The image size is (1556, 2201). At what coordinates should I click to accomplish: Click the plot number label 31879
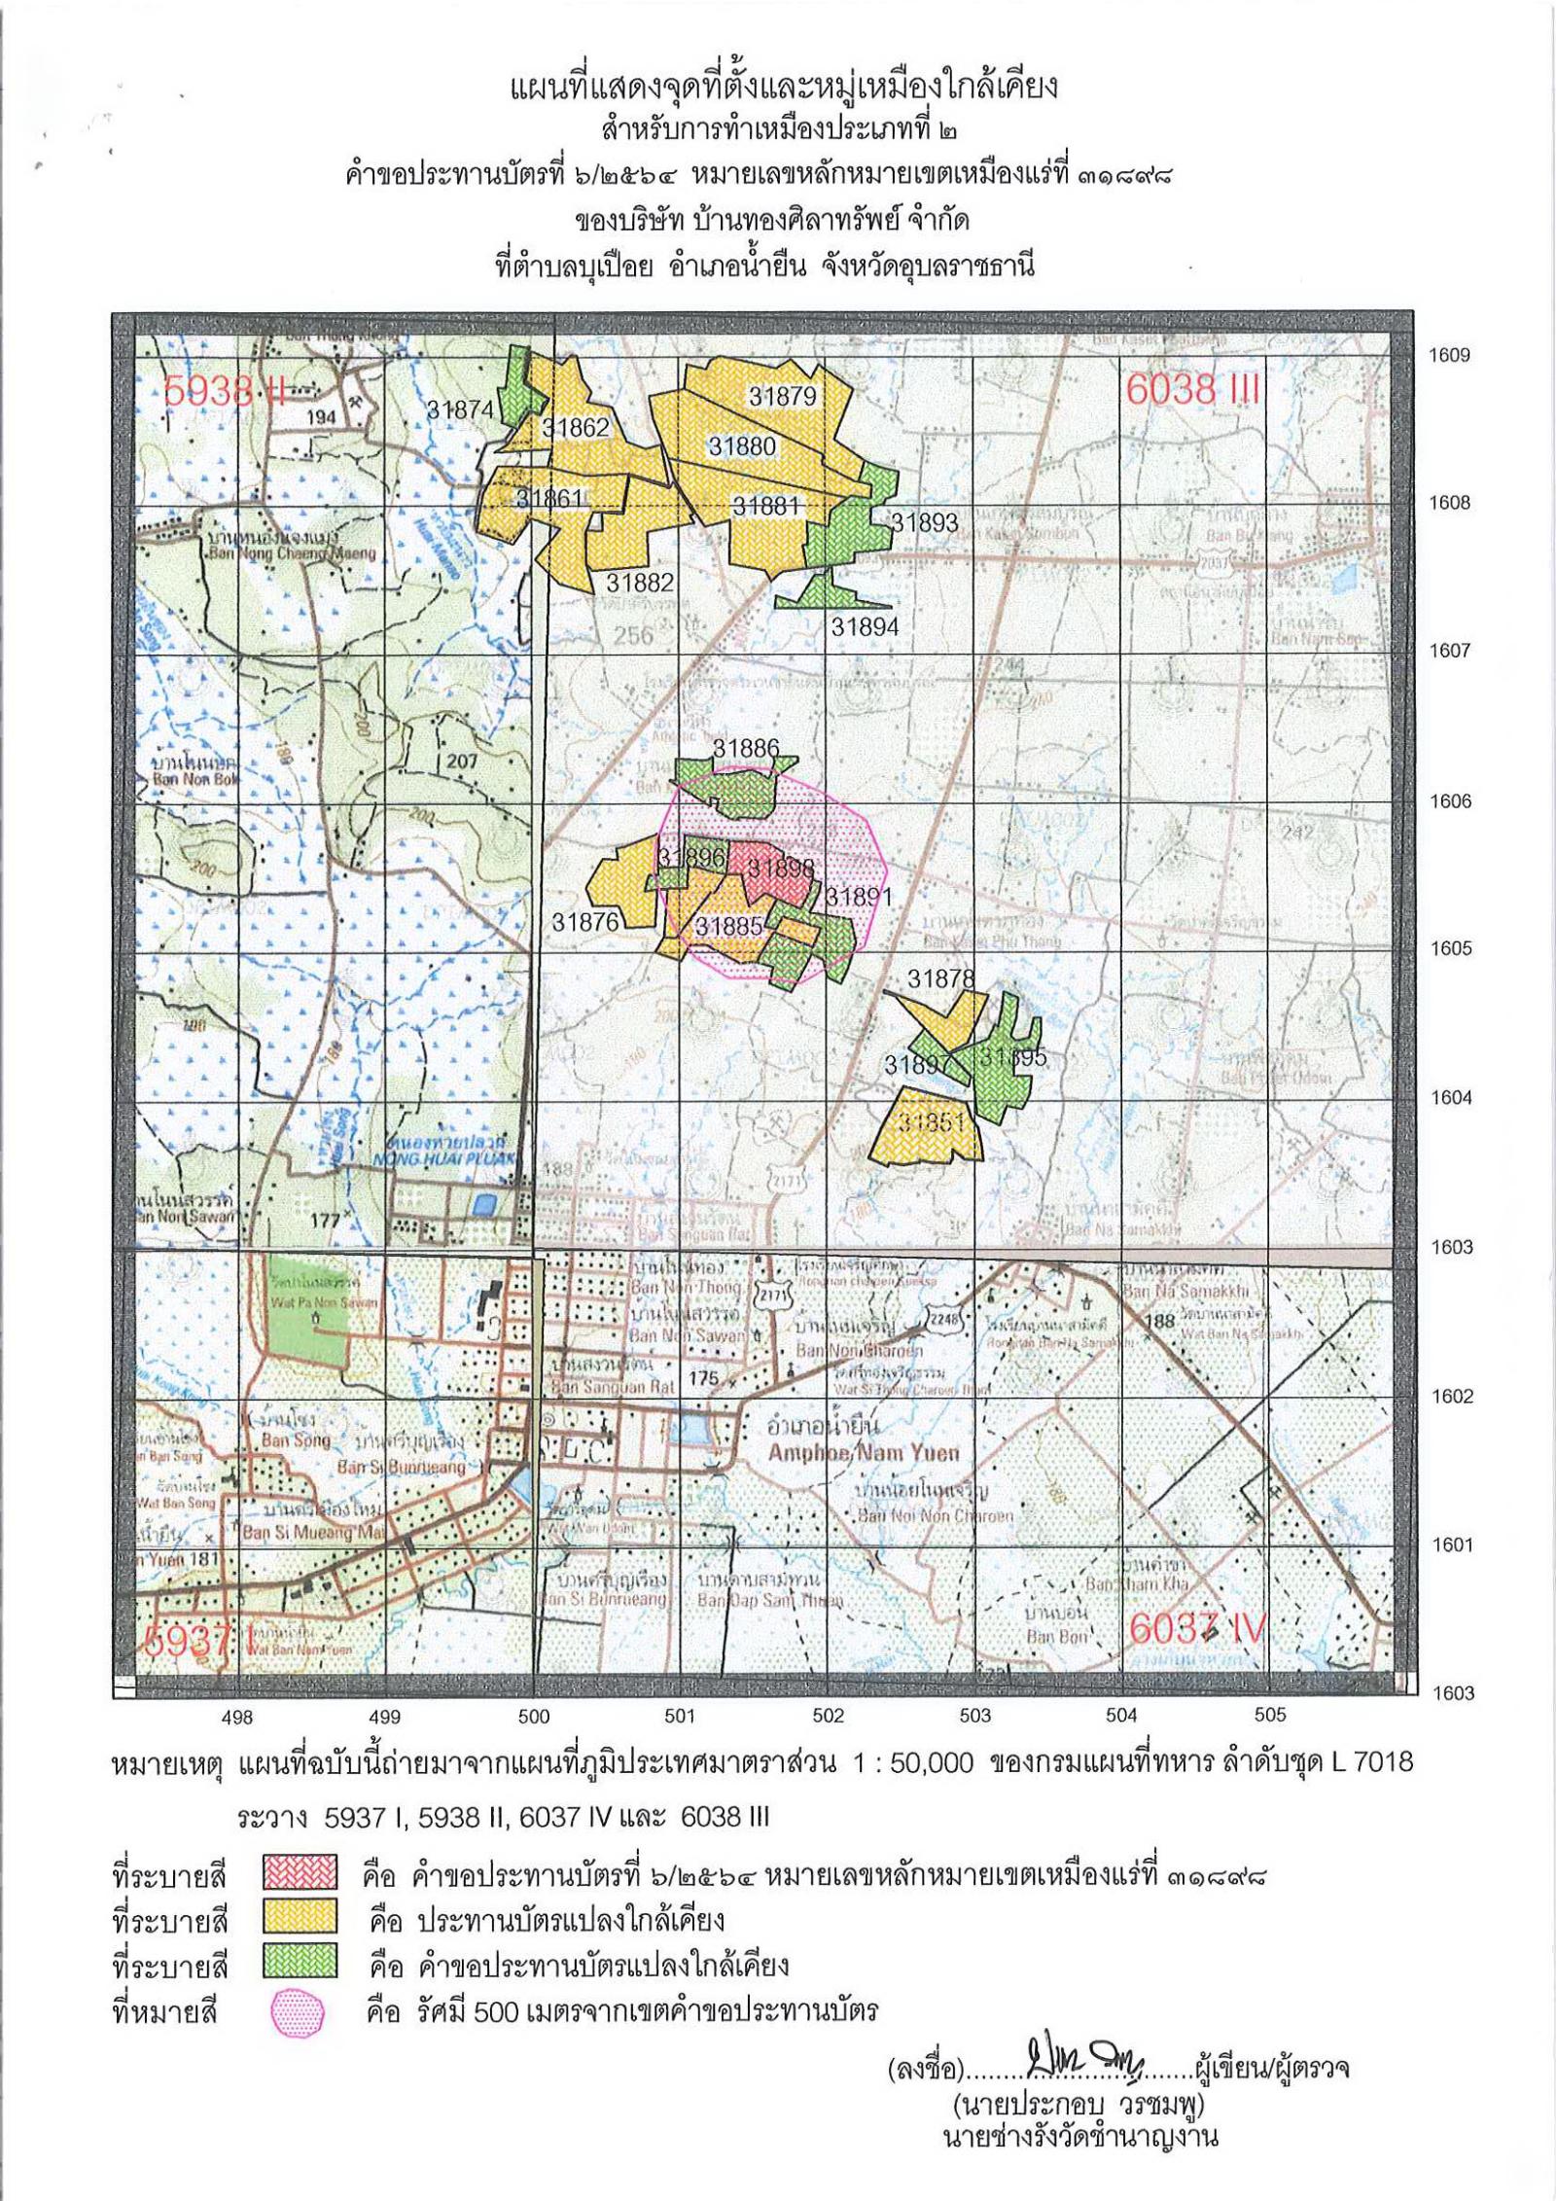(x=782, y=396)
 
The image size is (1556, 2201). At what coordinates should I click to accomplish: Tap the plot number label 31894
(x=865, y=627)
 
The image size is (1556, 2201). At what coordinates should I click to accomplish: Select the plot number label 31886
(x=746, y=748)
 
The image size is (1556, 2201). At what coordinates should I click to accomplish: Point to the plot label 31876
(x=585, y=922)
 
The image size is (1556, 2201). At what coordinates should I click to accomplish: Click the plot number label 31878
(x=940, y=978)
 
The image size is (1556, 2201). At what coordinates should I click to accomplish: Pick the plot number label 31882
(x=640, y=583)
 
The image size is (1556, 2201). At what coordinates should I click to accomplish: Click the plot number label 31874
(x=461, y=410)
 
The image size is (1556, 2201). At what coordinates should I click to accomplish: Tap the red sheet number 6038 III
(x=1192, y=390)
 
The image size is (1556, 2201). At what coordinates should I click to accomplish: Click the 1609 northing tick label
(x=1449, y=355)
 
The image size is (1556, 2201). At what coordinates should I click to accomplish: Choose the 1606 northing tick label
(x=1449, y=802)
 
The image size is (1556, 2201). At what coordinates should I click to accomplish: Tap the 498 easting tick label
(x=238, y=1717)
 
